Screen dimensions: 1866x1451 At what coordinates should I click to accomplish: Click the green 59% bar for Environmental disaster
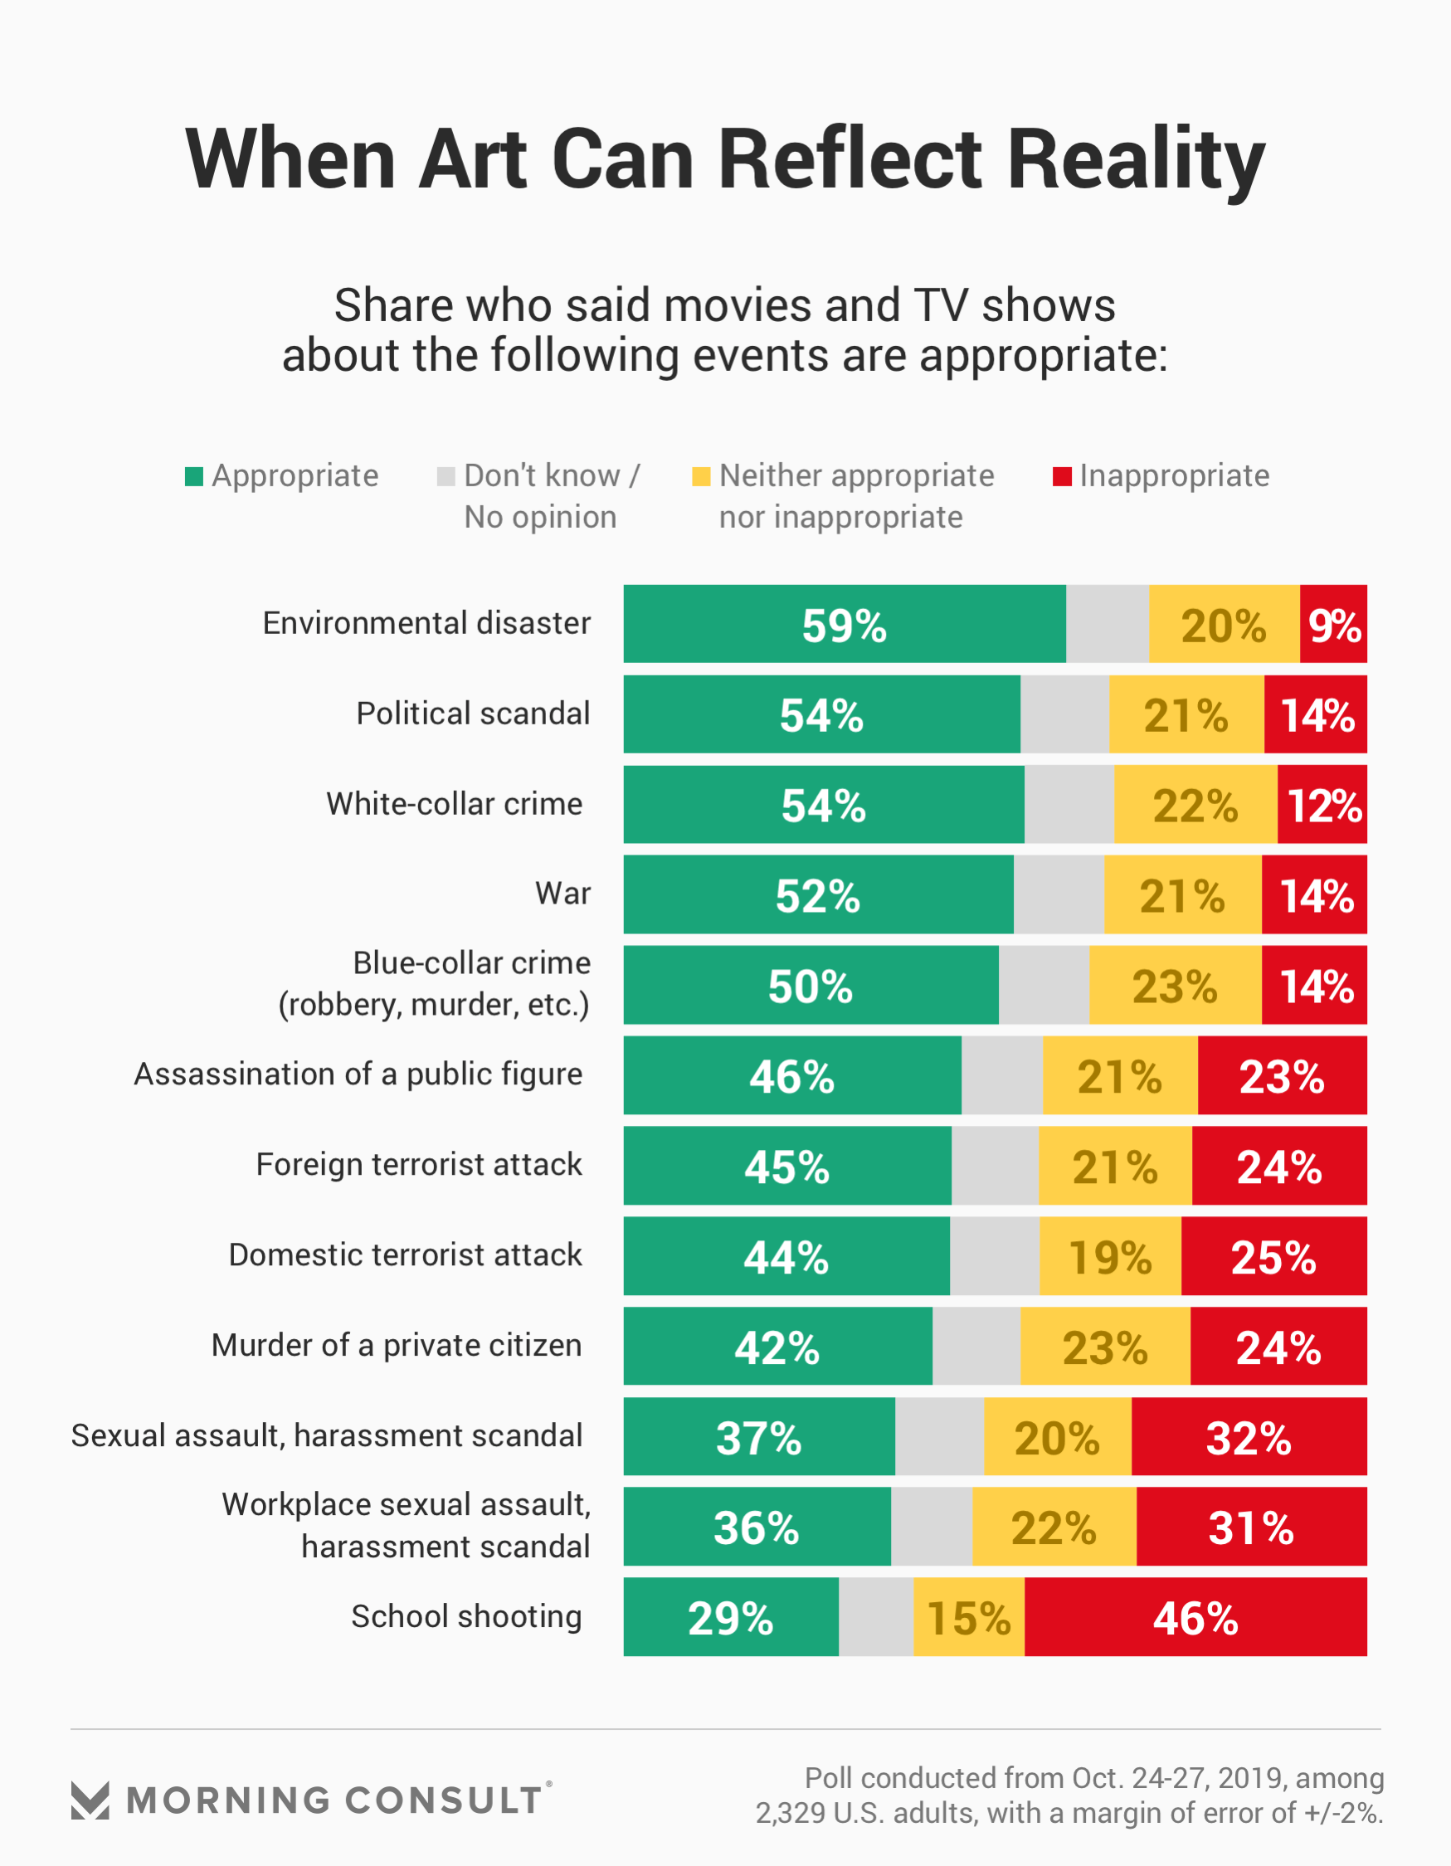(845, 624)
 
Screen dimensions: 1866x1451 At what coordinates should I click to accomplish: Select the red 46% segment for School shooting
(1195, 1616)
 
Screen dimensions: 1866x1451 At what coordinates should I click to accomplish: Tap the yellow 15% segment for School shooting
(968, 1616)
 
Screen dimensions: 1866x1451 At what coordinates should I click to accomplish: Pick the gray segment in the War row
(1058, 894)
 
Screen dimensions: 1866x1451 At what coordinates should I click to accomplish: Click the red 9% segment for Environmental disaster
(1333, 624)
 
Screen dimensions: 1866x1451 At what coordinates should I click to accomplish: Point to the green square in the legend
(194, 477)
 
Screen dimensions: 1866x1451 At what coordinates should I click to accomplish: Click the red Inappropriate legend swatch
(1061, 477)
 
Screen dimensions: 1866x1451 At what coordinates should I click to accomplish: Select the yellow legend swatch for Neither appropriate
(701, 477)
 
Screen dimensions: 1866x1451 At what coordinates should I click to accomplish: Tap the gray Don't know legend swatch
(446, 477)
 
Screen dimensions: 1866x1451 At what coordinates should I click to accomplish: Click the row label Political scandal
(473, 714)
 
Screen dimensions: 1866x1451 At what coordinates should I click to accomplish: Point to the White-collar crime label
(454, 804)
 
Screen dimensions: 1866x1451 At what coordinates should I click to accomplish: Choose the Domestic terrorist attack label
(405, 1255)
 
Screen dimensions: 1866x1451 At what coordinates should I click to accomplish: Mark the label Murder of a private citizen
(397, 1345)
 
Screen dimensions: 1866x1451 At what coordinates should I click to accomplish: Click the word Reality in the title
(1136, 160)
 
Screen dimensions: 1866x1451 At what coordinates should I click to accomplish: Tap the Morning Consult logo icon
(90, 1800)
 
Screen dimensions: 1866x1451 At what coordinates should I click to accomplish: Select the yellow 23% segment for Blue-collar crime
(1175, 985)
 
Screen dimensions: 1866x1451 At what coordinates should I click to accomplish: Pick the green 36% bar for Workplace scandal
(757, 1527)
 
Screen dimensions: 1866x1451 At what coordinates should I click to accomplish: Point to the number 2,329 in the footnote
(790, 1813)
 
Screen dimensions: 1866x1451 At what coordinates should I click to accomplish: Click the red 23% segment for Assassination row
(1282, 1074)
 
